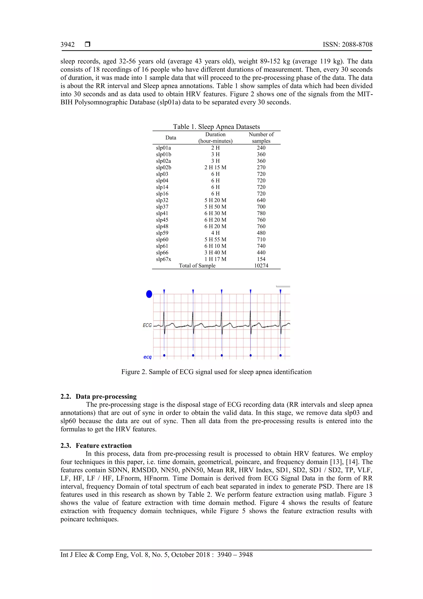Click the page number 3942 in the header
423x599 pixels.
point(68,45)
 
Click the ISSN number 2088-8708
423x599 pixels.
point(347,45)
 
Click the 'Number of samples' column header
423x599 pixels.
point(261,137)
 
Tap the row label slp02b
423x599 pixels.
point(163,167)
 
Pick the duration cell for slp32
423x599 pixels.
point(215,200)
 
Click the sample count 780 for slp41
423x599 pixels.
point(261,213)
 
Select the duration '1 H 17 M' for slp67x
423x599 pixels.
point(215,259)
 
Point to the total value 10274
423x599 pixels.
point(261,265)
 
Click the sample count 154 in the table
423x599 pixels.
point(261,259)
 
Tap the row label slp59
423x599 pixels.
point(162,233)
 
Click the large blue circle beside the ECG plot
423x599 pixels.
point(149,294)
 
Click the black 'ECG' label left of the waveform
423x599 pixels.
point(147,325)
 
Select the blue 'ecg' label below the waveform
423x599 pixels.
point(147,357)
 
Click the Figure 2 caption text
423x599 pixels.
point(216,372)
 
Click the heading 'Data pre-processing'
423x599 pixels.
point(106,396)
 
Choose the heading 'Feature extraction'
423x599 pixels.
point(104,445)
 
